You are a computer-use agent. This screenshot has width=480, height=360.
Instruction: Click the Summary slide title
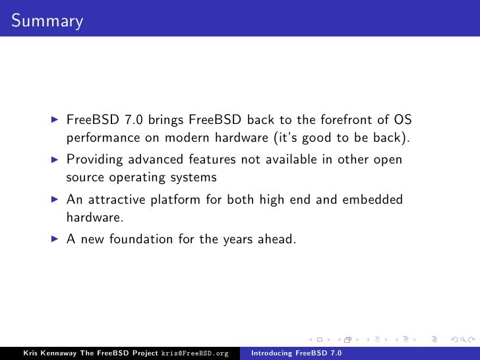point(47,21)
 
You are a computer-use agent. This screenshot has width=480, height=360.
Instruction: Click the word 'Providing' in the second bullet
point(93,160)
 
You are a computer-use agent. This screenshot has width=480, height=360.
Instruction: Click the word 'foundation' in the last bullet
point(138,239)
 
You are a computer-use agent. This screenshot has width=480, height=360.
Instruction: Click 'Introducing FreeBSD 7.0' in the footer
point(297,353)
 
